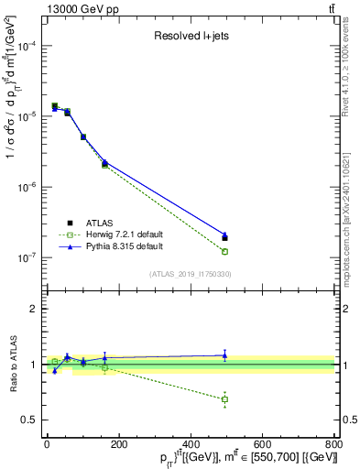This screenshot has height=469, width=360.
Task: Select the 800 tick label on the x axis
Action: [x=333, y=445]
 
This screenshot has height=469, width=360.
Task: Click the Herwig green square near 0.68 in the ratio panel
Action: [x=224, y=399]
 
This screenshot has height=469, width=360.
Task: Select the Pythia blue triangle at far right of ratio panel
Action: [x=224, y=355]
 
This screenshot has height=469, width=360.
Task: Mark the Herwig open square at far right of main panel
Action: [x=224, y=251]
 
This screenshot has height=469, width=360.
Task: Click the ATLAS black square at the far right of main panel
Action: [x=224, y=238]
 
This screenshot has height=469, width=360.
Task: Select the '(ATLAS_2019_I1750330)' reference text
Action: [x=190, y=274]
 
